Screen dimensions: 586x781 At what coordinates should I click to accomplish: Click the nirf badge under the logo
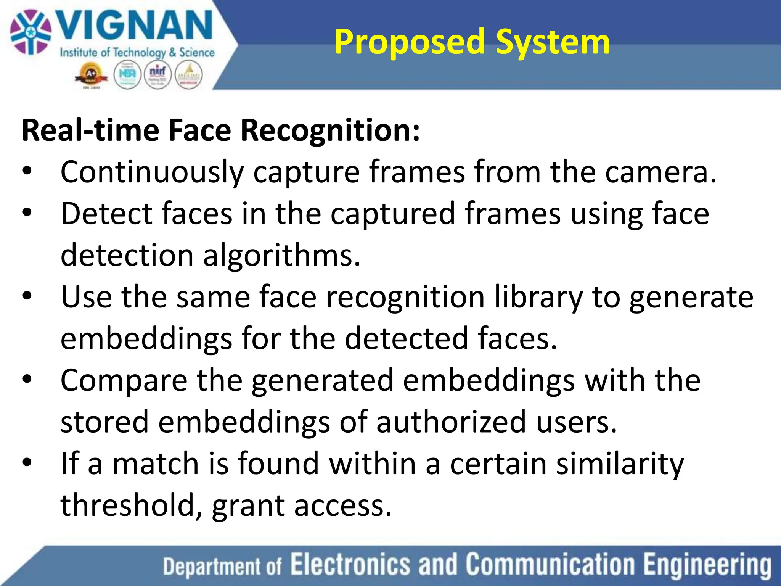pyautogui.click(x=157, y=75)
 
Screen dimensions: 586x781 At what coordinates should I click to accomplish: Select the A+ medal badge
pyautogui.click(x=91, y=76)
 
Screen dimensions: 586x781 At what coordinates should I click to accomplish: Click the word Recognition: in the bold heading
pyautogui.click(x=330, y=130)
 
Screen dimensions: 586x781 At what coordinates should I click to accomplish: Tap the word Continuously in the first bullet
pyautogui.click(x=152, y=172)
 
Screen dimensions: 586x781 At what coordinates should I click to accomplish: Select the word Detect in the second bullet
pyautogui.click(x=106, y=214)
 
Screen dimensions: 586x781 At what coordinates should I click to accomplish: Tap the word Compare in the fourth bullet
pyautogui.click(x=124, y=380)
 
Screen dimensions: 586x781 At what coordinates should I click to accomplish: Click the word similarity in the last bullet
pyautogui.click(x=620, y=464)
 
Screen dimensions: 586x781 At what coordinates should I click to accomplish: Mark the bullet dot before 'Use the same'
pyautogui.click(x=27, y=295)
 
